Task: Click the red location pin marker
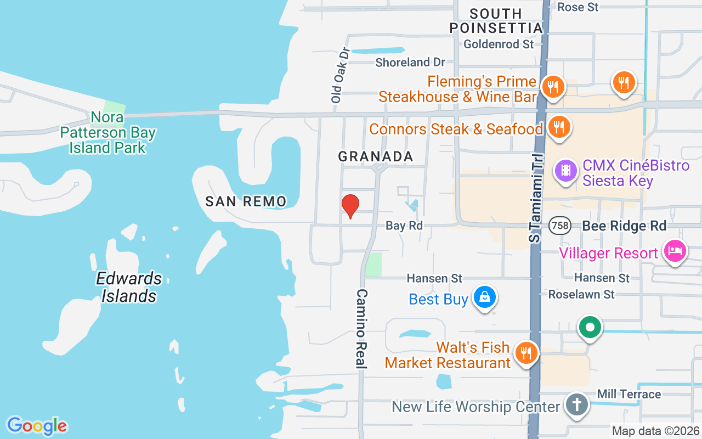point(350,206)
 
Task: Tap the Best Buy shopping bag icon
point(484,297)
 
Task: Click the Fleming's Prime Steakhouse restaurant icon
point(553,86)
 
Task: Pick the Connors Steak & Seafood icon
point(559,127)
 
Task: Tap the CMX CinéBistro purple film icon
point(567,170)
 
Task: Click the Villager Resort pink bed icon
point(675,251)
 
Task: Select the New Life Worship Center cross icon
point(576,405)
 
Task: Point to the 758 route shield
point(561,226)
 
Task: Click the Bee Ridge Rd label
point(624,226)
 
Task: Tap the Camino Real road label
point(361,328)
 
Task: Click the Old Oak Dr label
point(341,75)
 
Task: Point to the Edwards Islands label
point(129,287)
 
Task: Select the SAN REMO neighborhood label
point(246,201)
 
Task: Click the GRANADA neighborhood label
point(376,156)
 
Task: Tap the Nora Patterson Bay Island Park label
point(108,132)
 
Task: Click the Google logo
point(37,426)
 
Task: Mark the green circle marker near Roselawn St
point(590,328)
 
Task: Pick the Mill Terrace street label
point(629,394)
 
